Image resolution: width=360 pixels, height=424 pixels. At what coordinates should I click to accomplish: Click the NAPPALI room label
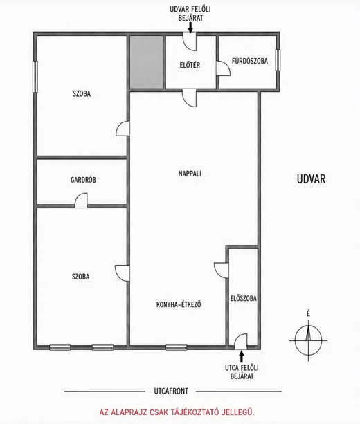(x=190, y=174)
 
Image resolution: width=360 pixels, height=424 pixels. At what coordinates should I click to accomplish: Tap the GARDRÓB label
(x=83, y=180)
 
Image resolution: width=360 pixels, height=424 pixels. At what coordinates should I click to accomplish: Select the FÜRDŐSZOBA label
(x=249, y=61)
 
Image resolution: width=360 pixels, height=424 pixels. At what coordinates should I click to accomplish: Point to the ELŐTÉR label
(x=190, y=65)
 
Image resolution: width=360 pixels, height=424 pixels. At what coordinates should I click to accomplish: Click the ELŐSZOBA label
(x=243, y=299)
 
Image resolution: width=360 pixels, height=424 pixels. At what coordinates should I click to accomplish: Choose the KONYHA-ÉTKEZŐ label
(x=179, y=304)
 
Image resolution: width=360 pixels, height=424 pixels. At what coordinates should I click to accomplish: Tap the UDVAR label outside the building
(x=311, y=179)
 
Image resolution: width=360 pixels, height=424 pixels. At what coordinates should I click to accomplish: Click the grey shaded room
(x=147, y=62)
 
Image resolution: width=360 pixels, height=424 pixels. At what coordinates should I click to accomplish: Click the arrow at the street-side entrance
(x=242, y=356)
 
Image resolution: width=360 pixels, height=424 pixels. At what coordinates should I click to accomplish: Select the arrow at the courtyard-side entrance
(x=190, y=28)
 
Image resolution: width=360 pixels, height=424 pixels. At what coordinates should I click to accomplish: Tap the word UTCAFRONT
(x=171, y=391)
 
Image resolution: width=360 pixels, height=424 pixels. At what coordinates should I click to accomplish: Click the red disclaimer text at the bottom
(x=177, y=412)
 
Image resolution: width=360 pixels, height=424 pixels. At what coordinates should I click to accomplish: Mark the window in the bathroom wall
(x=278, y=60)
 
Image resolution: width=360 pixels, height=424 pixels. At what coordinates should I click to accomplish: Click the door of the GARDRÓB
(x=81, y=201)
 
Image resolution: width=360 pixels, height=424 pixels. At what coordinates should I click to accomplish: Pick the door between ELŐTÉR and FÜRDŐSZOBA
(x=223, y=68)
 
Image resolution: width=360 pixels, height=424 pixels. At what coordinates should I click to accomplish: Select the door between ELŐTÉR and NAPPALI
(x=189, y=98)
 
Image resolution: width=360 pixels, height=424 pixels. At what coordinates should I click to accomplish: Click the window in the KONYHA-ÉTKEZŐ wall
(x=177, y=347)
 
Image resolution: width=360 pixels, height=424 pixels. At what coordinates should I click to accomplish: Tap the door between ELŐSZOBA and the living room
(x=222, y=270)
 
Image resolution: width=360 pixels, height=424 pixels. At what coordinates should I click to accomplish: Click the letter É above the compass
(x=308, y=313)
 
